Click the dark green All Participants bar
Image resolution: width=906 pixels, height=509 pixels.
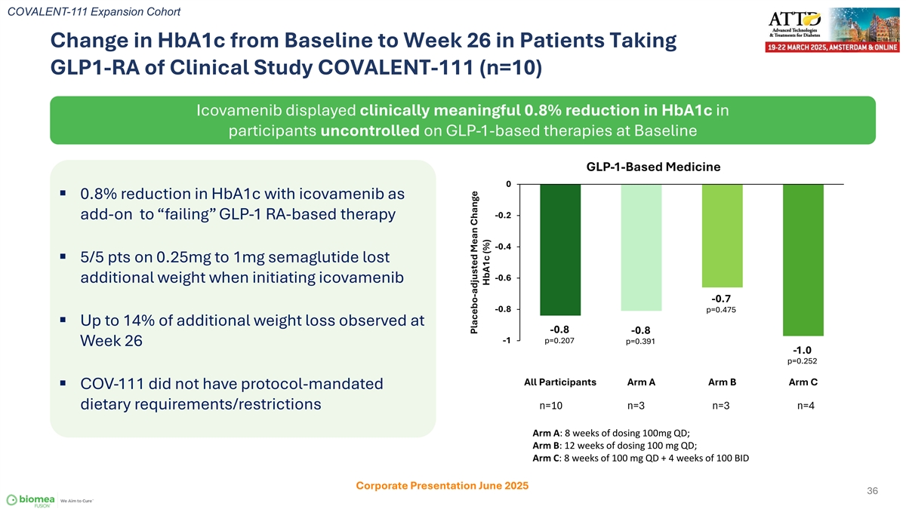point(560,250)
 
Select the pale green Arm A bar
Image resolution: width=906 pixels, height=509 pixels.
point(641,247)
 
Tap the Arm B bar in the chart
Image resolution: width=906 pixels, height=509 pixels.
point(722,235)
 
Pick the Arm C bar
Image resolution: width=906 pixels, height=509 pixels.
point(803,260)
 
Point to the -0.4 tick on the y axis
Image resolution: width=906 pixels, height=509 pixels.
point(504,247)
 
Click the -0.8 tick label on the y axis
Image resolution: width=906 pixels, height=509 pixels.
point(504,309)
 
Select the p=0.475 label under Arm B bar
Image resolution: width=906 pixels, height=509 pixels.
point(721,309)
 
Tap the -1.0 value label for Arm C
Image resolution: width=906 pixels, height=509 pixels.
point(802,350)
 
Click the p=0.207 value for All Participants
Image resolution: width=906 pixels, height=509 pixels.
point(559,340)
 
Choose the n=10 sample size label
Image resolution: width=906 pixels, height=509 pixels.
point(551,406)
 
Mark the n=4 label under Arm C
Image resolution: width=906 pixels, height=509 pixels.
point(806,406)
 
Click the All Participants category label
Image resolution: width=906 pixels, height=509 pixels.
point(560,382)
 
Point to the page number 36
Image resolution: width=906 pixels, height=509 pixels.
point(872,492)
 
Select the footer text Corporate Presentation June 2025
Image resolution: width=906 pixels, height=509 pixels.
point(442,486)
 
